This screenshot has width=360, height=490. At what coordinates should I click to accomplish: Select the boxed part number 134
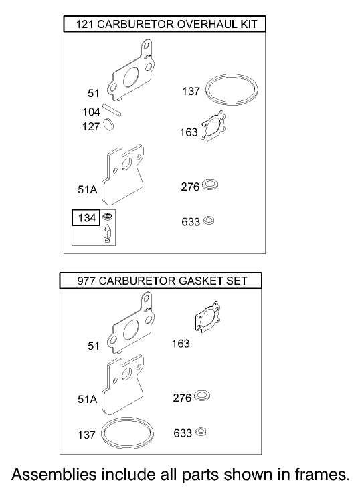[86, 218]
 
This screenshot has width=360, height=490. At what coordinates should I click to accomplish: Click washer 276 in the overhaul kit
[211, 184]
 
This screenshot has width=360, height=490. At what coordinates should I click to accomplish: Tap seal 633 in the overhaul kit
[209, 219]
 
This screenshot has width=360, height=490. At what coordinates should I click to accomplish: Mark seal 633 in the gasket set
[201, 431]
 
